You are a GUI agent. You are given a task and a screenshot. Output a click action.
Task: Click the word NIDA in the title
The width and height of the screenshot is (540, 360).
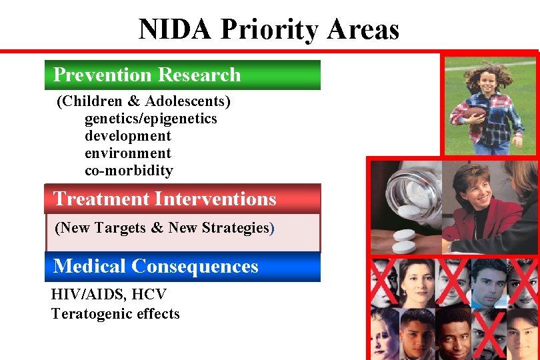pos(175,29)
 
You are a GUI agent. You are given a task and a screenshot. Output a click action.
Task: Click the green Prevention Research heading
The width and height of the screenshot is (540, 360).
pos(182,75)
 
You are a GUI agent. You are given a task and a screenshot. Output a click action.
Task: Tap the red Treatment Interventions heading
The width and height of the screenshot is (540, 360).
pos(182,199)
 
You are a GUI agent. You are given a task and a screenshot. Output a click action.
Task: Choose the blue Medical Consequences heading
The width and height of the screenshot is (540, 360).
pos(182,267)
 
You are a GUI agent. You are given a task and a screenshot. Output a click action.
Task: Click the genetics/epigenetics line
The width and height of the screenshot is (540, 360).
pos(151,119)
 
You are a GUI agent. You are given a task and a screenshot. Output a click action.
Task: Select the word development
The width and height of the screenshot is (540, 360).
pos(128,136)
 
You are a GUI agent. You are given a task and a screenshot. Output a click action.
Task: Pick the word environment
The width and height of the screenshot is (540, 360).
pos(128,153)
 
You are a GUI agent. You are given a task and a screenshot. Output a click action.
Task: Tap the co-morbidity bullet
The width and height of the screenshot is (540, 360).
pos(129,171)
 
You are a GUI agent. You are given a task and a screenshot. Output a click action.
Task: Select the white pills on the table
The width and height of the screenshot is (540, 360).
pos(403,240)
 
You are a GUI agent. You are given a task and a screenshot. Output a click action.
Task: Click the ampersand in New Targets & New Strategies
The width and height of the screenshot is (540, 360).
pos(157,228)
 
